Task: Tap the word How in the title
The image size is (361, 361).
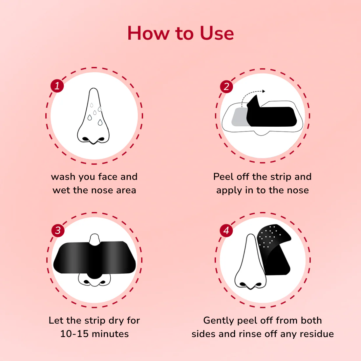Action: click(x=148, y=33)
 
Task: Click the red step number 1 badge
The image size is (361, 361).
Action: click(x=57, y=86)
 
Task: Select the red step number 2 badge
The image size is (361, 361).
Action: click(x=226, y=87)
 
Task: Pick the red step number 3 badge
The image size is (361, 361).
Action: click(x=58, y=230)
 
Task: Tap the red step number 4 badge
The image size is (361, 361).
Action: click(x=226, y=230)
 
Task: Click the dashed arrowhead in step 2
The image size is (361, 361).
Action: click(x=264, y=91)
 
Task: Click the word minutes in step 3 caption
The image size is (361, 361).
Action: click(x=110, y=334)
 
